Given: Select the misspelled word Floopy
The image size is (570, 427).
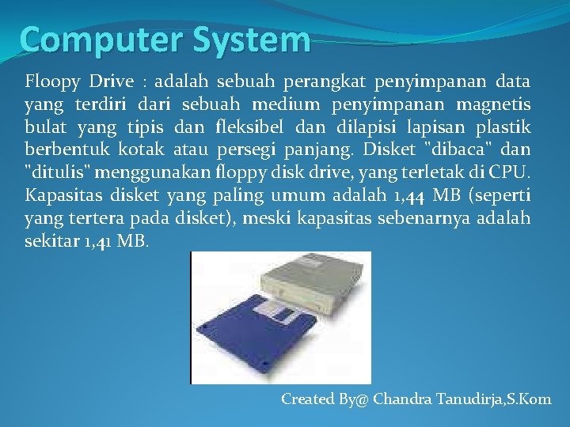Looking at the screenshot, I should pos(54,81).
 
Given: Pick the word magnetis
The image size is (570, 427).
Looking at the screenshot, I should pos(497,104).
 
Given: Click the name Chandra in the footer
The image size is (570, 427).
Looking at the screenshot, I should pos(402,399).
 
